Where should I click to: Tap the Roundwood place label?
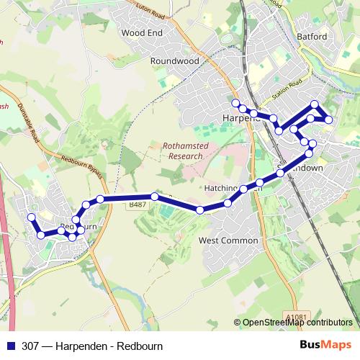click(x=174, y=61)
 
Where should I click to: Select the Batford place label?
click(x=311, y=37)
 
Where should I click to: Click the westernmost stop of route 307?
click(x=31, y=217)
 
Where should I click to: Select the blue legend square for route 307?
click(x=10, y=345)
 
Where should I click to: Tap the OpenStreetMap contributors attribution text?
click(x=297, y=323)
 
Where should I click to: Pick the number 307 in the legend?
click(x=30, y=345)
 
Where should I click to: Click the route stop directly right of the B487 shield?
click(x=154, y=197)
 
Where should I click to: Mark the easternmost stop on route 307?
click(x=328, y=120)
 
